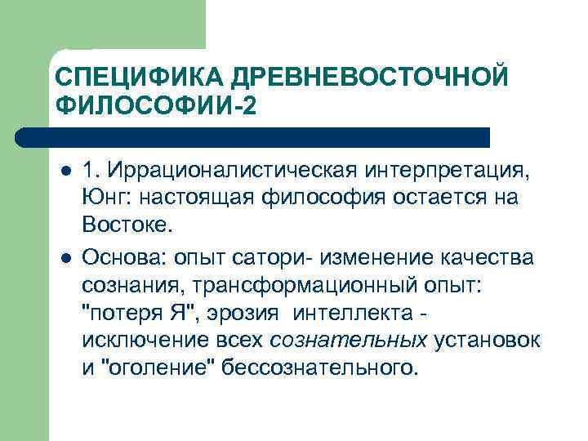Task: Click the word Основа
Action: (123, 258)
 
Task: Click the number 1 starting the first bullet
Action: (90, 173)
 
